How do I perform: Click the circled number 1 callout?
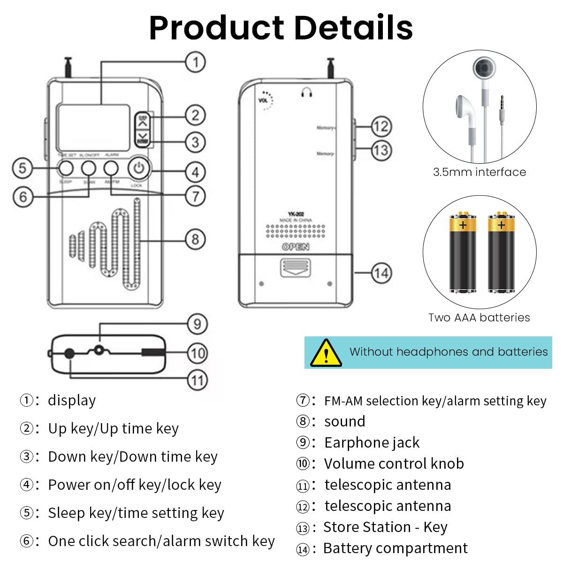[195, 62]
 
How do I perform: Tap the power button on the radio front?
[138, 168]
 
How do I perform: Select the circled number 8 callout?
[195, 239]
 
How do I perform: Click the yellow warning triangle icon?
[326, 353]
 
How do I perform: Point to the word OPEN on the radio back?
[296, 247]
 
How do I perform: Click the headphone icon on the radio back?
[307, 92]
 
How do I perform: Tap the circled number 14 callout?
[381, 273]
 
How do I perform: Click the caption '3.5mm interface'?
[479, 172]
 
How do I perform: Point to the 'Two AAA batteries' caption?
[479, 318]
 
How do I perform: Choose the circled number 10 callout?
[198, 353]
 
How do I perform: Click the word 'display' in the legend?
[72, 400]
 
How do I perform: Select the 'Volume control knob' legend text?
[394, 464]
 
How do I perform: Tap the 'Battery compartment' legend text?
[395, 548]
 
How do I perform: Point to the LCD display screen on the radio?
[94, 125]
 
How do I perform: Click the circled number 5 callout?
[22, 168]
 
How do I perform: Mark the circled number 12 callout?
[381, 126]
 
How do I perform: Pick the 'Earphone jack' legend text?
[372, 442]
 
